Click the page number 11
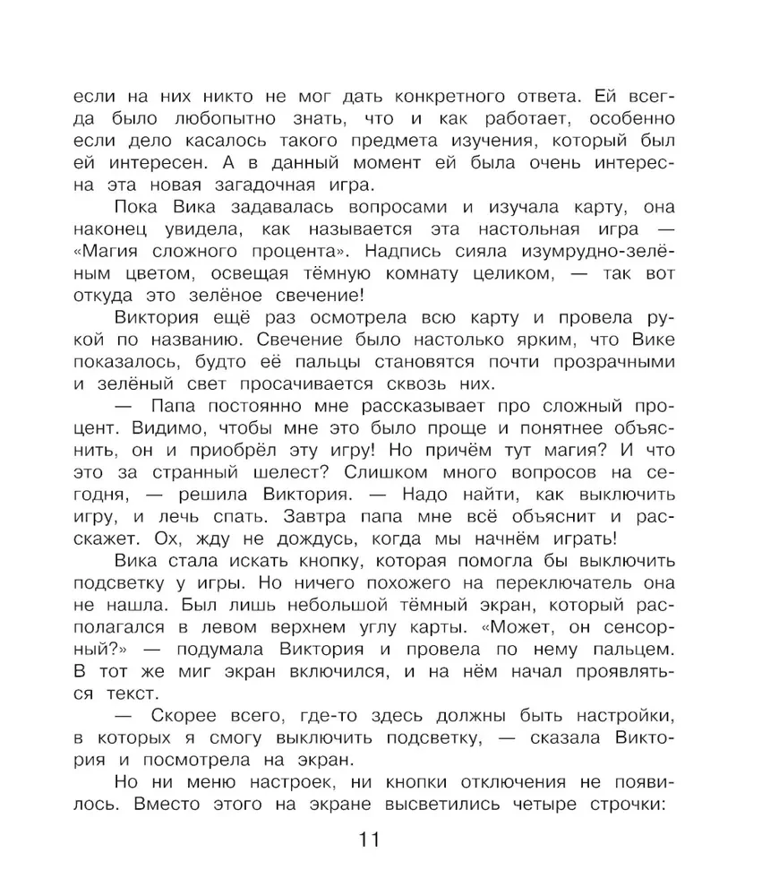pyautogui.click(x=370, y=840)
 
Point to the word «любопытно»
pyautogui.click(x=242, y=118)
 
